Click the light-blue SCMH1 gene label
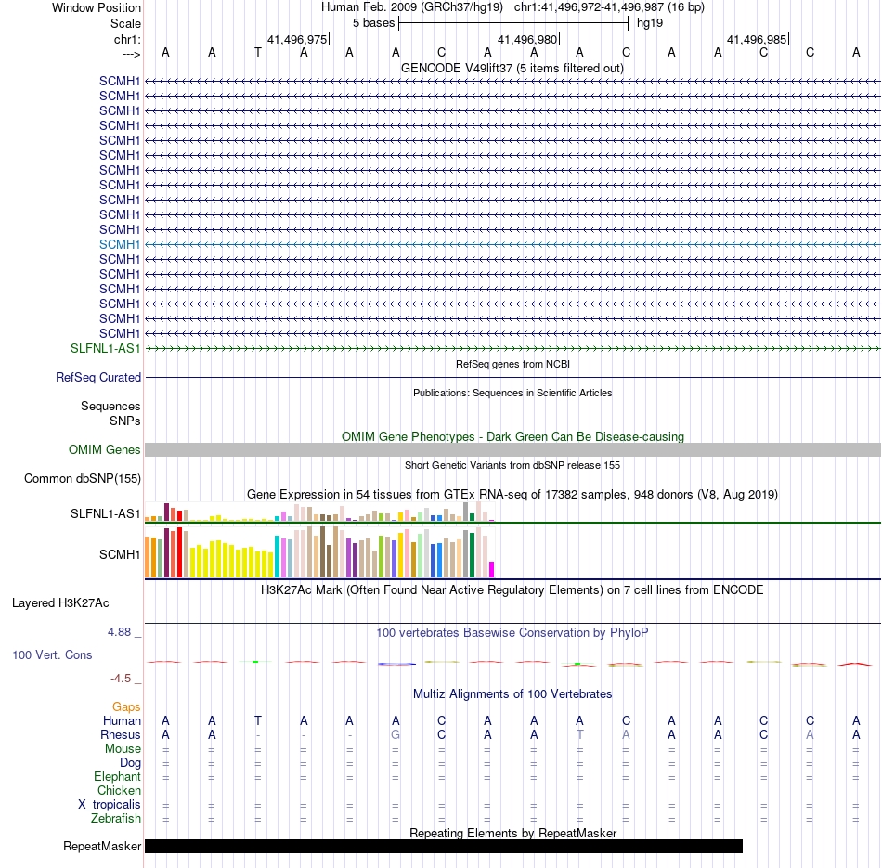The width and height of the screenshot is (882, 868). point(120,244)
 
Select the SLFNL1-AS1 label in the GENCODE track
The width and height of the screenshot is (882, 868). point(106,348)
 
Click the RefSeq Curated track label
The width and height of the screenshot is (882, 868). point(98,378)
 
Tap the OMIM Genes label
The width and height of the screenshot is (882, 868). point(105,450)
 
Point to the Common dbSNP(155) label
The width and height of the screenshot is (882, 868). point(84,479)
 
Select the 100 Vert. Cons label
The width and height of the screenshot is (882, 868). point(52,655)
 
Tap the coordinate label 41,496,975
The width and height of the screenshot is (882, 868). point(297,40)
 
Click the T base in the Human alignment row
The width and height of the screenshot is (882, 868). point(257,721)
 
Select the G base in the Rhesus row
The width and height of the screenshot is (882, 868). point(396,735)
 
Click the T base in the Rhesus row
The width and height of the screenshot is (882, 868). point(579,735)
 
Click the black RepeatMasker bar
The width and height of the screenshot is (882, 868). point(444,846)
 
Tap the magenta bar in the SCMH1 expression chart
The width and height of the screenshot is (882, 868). point(492,569)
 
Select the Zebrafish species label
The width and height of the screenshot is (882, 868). point(116,819)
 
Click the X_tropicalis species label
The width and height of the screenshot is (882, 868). point(110,805)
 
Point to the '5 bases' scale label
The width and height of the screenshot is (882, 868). point(372,22)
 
